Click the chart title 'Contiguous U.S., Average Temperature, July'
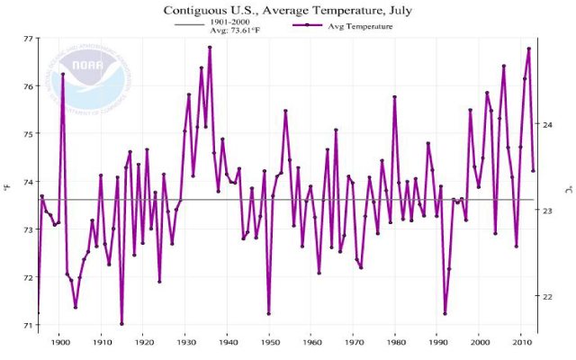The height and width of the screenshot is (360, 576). click(288, 11)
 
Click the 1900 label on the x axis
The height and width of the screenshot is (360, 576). click(60, 342)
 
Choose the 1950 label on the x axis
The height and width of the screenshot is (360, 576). click(270, 342)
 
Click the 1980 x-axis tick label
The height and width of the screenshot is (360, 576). click(395, 342)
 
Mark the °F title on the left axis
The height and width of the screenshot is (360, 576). click(7, 187)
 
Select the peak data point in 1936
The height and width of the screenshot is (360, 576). click(210, 47)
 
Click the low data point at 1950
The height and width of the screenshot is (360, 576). click(269, 313)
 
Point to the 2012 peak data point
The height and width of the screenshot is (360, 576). click(529, 49)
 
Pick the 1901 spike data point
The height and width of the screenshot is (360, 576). click(63, 74)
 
